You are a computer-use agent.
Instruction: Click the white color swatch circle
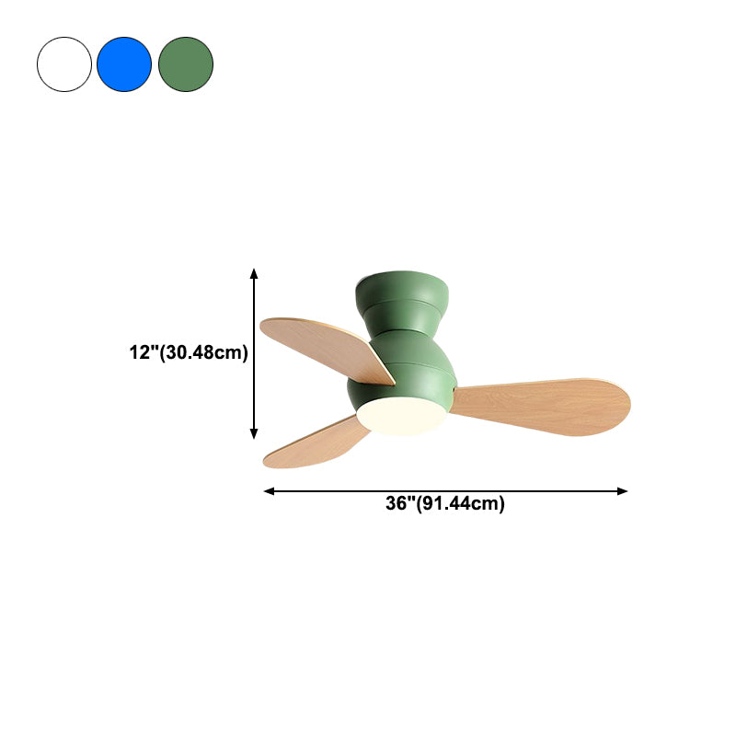(64, 64)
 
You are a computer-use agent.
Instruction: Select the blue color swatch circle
(124, 64)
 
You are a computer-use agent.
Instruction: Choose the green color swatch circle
(186, 64)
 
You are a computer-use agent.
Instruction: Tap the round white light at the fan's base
(401, 416)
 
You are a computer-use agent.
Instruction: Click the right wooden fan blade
(540, 407)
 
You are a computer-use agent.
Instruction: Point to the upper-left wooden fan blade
(327, 350)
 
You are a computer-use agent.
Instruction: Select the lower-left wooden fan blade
(316, 443)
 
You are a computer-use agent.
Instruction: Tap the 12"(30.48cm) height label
(189, 352)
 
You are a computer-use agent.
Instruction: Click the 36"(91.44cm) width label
(445, 503)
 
